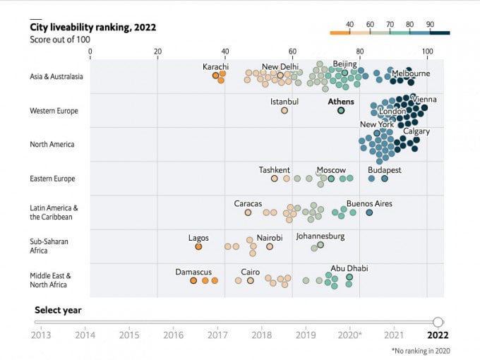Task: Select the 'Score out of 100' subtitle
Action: point(59,40)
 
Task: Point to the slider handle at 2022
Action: point(438,322)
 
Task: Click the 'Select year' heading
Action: point(58,310)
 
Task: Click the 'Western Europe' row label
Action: point(54,111)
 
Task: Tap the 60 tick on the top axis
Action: point(292,52)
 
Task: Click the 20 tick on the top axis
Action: point(157,52)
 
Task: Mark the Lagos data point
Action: point(198,247)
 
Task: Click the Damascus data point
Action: point(193,281)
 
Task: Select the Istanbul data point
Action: point(284,111)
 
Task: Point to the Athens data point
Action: point(341,111)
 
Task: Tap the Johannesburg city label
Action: point(320,236)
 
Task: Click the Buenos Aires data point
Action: point(369,212)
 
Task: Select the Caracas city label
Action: point(248,204)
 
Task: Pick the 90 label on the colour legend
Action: point(430,25)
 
